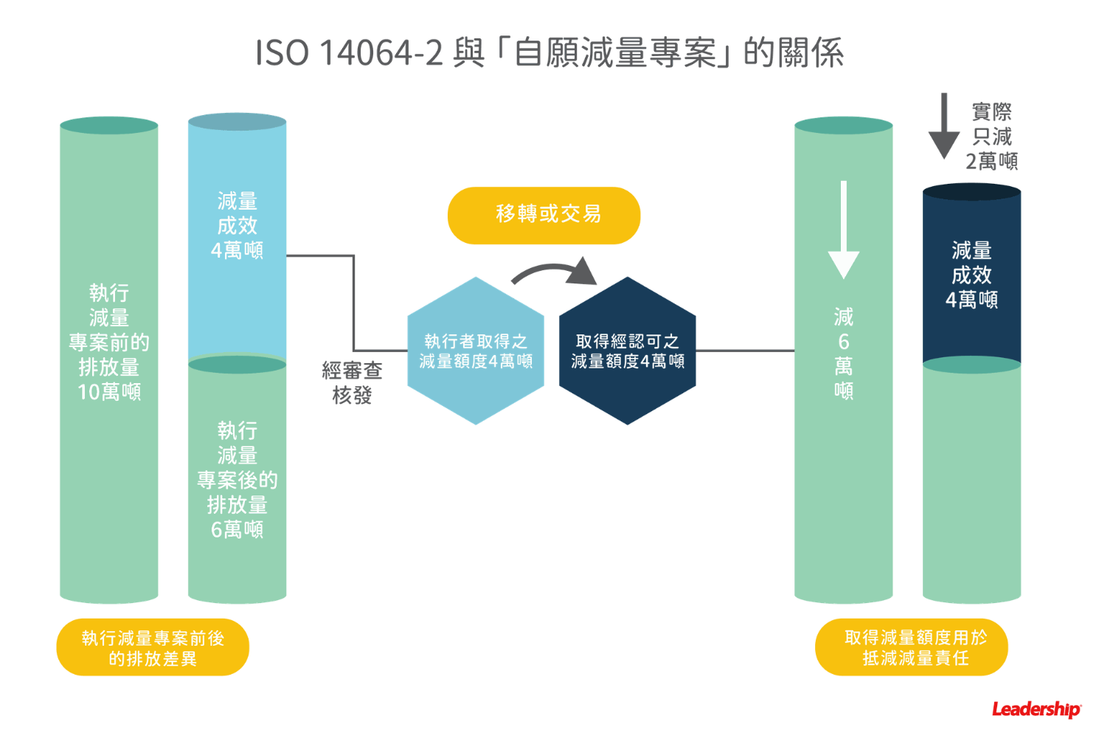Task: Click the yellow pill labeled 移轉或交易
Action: tap(544, 215)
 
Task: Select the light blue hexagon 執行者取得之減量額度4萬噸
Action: tap(476, 351)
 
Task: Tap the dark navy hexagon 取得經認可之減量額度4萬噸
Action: tap(628, 351)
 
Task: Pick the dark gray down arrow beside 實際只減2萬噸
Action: tap(943, 125)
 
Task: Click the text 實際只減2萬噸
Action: tap(992, 137)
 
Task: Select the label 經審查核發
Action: tap(352, 382)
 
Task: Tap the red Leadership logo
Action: tap(1036, 709)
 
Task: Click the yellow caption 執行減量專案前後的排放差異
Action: tap(153, 647)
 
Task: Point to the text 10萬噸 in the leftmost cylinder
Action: tap(109, 391)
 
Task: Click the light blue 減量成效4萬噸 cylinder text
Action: tap(237, 226)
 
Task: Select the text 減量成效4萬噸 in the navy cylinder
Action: tap(971, 275)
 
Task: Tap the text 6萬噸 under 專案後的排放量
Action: tap(237, 529)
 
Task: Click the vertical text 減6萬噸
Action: tap(843, 353)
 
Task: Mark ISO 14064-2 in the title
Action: tap(349, 53)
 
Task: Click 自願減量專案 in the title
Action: tap(614, 53)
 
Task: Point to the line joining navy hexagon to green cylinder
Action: tap(745, 351)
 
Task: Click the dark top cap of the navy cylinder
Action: tap(971, 192)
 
